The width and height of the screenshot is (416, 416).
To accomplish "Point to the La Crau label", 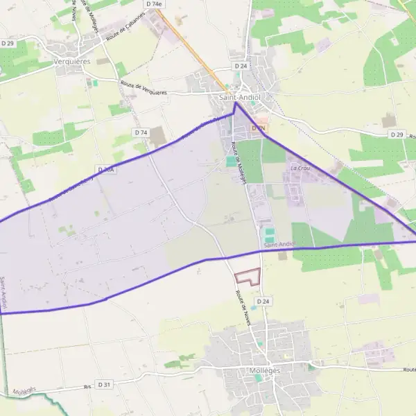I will (300, 168).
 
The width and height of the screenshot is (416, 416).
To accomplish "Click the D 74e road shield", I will (154, 4).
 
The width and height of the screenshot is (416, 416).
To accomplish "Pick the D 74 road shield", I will (141, 132).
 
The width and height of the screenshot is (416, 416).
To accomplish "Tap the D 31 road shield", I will (104, 384).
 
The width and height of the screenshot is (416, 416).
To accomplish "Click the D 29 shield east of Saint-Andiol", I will (397, 134).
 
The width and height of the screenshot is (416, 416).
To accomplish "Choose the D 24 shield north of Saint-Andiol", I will (241, 66).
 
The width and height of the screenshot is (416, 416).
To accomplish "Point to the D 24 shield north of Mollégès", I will (262, 302).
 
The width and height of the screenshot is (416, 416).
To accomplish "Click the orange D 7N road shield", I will (259, 128).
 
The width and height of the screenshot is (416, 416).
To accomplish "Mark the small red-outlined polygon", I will (248, 277).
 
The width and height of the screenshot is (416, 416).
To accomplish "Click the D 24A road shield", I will (105, 169).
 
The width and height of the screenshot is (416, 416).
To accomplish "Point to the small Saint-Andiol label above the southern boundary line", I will (280, 245).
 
